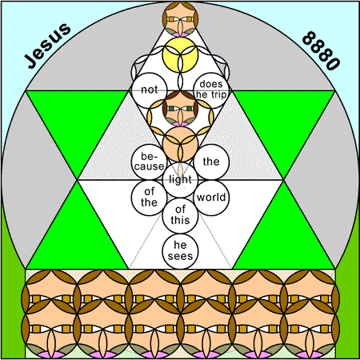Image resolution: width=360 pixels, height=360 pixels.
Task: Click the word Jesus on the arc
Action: (x=48, y=46)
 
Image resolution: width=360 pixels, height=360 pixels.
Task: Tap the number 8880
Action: (x=321, y=50)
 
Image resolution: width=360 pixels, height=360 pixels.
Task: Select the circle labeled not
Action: (x=150, y=90)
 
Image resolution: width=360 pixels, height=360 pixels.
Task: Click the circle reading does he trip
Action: (x=211, y=90)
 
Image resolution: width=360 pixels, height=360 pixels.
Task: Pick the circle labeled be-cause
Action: (x=150, y=162)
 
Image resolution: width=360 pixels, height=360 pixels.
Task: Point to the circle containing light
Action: (x=180, y=179)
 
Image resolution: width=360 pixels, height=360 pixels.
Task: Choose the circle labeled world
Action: (x=211, y=198)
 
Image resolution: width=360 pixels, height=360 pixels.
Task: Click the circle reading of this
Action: (x=180, y=215)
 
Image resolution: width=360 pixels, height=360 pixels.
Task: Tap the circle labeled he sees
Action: (x=180, y=251)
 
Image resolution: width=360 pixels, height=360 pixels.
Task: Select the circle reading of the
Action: (x=150, y=198)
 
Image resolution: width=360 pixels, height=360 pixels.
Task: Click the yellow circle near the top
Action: (x=180, y=54)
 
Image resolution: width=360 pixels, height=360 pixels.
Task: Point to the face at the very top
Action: (x=180, y=19)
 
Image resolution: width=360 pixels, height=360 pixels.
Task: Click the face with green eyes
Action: (x=180, y=108)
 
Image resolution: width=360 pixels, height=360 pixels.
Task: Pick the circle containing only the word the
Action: (x=211, y=162)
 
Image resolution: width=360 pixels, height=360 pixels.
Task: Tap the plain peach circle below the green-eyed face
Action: (x=180, y=144)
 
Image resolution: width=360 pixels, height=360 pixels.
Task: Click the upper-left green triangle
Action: (x=78, y=120)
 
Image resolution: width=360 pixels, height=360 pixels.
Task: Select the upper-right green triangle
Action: (x=283, y=120)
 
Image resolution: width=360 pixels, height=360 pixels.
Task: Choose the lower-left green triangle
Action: (x=78, y=238)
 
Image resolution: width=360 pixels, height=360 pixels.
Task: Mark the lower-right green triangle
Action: (x=283, y=238)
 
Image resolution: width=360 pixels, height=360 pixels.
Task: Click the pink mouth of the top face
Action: (x=180, y=34)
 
